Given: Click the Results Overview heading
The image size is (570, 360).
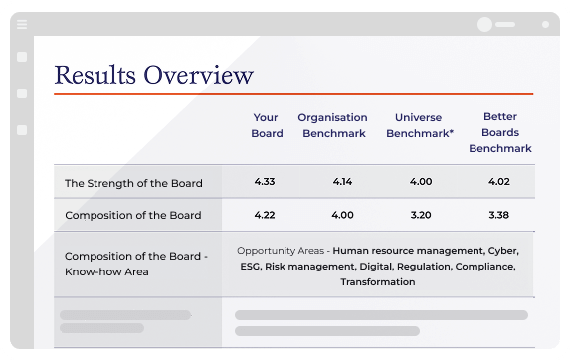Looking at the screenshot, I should click(x=153, y=75).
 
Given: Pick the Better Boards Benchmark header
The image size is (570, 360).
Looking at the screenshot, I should click(x=500, y=132).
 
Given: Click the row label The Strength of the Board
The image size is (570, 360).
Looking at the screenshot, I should click(x=133, y=183).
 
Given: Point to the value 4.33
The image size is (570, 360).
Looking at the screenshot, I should click(x=266, y=182).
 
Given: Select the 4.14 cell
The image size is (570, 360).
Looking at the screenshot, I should click(x=342, y=182).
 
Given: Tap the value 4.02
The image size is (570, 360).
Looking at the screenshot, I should click(x=499, y=182).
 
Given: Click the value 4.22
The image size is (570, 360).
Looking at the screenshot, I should click(x=266, y=214).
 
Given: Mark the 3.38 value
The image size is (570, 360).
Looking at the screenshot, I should click(x=499, y=214).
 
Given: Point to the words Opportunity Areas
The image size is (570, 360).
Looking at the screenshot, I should click(x=283, y=250).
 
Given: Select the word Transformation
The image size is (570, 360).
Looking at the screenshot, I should click(x=377, y=281).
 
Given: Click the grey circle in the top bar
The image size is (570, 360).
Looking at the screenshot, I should click(x=484, y=24).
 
